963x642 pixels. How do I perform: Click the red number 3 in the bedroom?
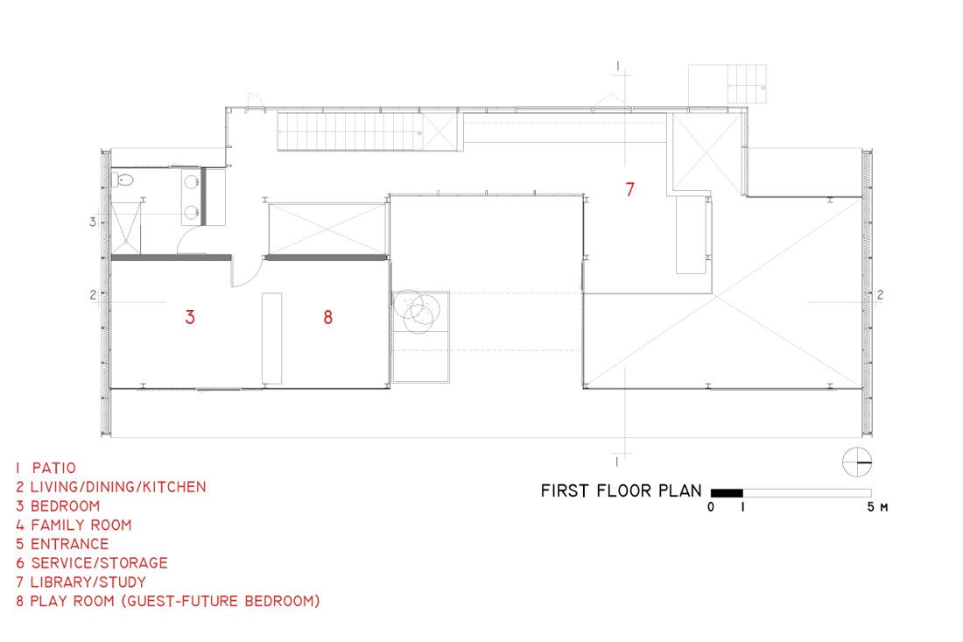tap(190, 317)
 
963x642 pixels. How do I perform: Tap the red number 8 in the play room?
tap(328, 317)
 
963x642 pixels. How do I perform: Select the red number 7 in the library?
tap(629, 189)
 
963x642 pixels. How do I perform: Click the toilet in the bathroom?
tap(123, 180)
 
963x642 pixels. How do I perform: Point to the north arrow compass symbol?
tap(857, 462)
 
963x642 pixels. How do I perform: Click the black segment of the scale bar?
tap(727, 493)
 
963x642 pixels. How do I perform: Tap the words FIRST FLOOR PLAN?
tap(621, 490)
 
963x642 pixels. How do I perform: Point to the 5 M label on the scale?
tap(877, 507)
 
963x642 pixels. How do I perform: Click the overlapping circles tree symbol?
tap(418, 311)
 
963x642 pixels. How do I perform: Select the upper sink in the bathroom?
tap(191, 182)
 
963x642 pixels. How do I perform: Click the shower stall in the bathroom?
tap(126, 228)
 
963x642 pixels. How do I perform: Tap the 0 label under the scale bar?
tap(711, 507)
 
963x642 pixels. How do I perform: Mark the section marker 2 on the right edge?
tap(880, 295)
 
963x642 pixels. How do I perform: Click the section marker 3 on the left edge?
tap(93, 222)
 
